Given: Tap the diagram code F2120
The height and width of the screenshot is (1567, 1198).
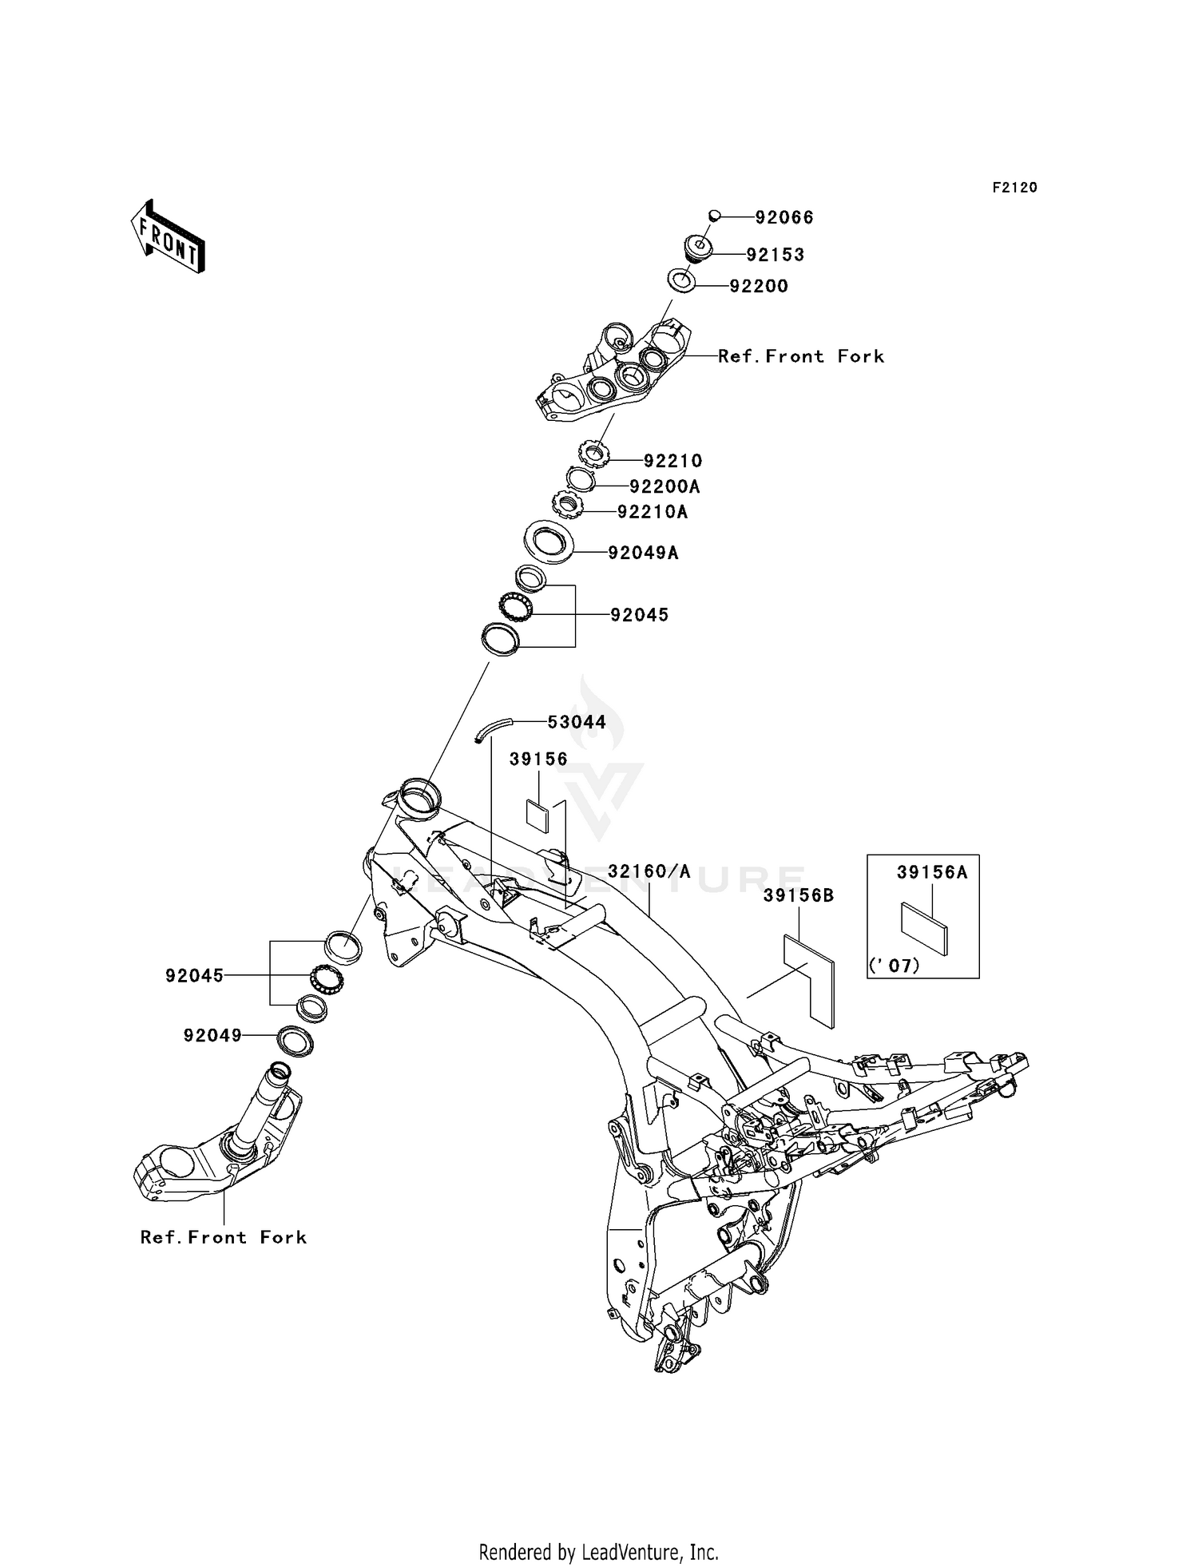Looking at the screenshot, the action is point(1015,188).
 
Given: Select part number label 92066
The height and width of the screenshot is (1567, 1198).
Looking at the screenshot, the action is point(784,217).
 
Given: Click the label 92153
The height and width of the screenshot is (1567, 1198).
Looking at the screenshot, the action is point(776,255).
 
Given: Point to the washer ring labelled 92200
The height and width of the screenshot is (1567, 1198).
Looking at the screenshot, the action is point(680,281).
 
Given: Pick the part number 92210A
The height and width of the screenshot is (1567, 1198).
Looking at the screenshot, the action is point(653,512).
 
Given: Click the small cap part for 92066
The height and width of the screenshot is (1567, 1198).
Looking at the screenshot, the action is point(715,214).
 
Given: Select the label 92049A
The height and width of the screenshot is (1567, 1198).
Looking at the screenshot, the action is point(644,553).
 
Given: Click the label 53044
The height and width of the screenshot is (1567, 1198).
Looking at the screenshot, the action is point(577,722).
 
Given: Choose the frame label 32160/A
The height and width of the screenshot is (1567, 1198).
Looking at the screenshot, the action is point(649,871).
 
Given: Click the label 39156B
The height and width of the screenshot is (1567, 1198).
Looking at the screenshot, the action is point(799,896).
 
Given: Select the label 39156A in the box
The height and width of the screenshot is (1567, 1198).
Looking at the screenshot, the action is point(932,872).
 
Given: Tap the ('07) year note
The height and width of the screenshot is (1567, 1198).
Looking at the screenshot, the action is point(895,966).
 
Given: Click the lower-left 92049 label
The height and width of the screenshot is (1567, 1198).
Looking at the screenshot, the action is point(212,1035).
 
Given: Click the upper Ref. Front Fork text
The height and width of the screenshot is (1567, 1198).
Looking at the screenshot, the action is point(801,356).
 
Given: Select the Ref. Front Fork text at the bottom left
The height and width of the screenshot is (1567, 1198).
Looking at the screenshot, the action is point(224,1237).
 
